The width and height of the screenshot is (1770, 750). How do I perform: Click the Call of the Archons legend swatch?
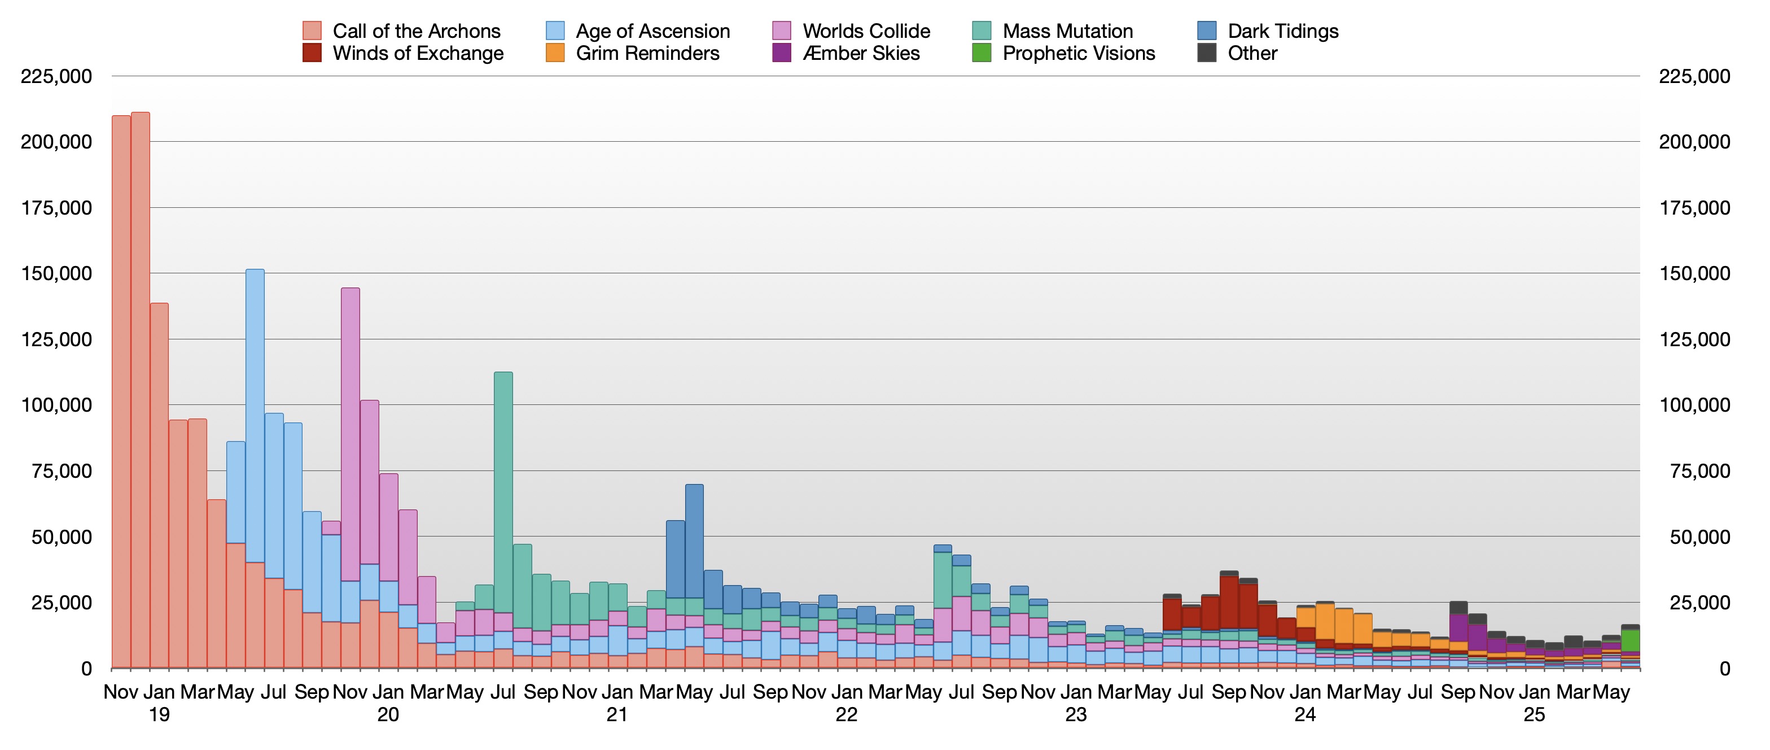tap(312, 31)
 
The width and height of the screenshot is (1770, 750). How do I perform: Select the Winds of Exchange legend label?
tap(418, 54)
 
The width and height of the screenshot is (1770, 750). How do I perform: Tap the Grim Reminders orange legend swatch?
tap(555, 54)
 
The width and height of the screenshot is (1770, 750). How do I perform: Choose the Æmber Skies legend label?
tap(861, 54)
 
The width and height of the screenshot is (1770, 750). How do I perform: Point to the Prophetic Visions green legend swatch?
tap(982, 54)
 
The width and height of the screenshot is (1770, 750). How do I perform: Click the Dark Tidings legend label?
tap(1283, 31)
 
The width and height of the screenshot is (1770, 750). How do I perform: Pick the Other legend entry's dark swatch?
tap(1207, 54)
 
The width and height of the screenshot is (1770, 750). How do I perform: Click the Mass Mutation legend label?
tap(1068, 31)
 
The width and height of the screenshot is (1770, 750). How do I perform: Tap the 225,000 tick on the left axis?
tap(56, 76)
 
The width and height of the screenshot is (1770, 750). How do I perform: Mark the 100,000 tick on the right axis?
tap(1694, 405)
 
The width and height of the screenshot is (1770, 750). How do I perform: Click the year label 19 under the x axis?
tap(159, 715)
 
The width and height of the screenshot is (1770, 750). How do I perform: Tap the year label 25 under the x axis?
tap(1534, 715)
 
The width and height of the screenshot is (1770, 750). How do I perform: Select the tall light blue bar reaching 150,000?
tap(255, 412)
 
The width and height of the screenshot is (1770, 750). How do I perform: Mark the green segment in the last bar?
tap(1631, 640)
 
